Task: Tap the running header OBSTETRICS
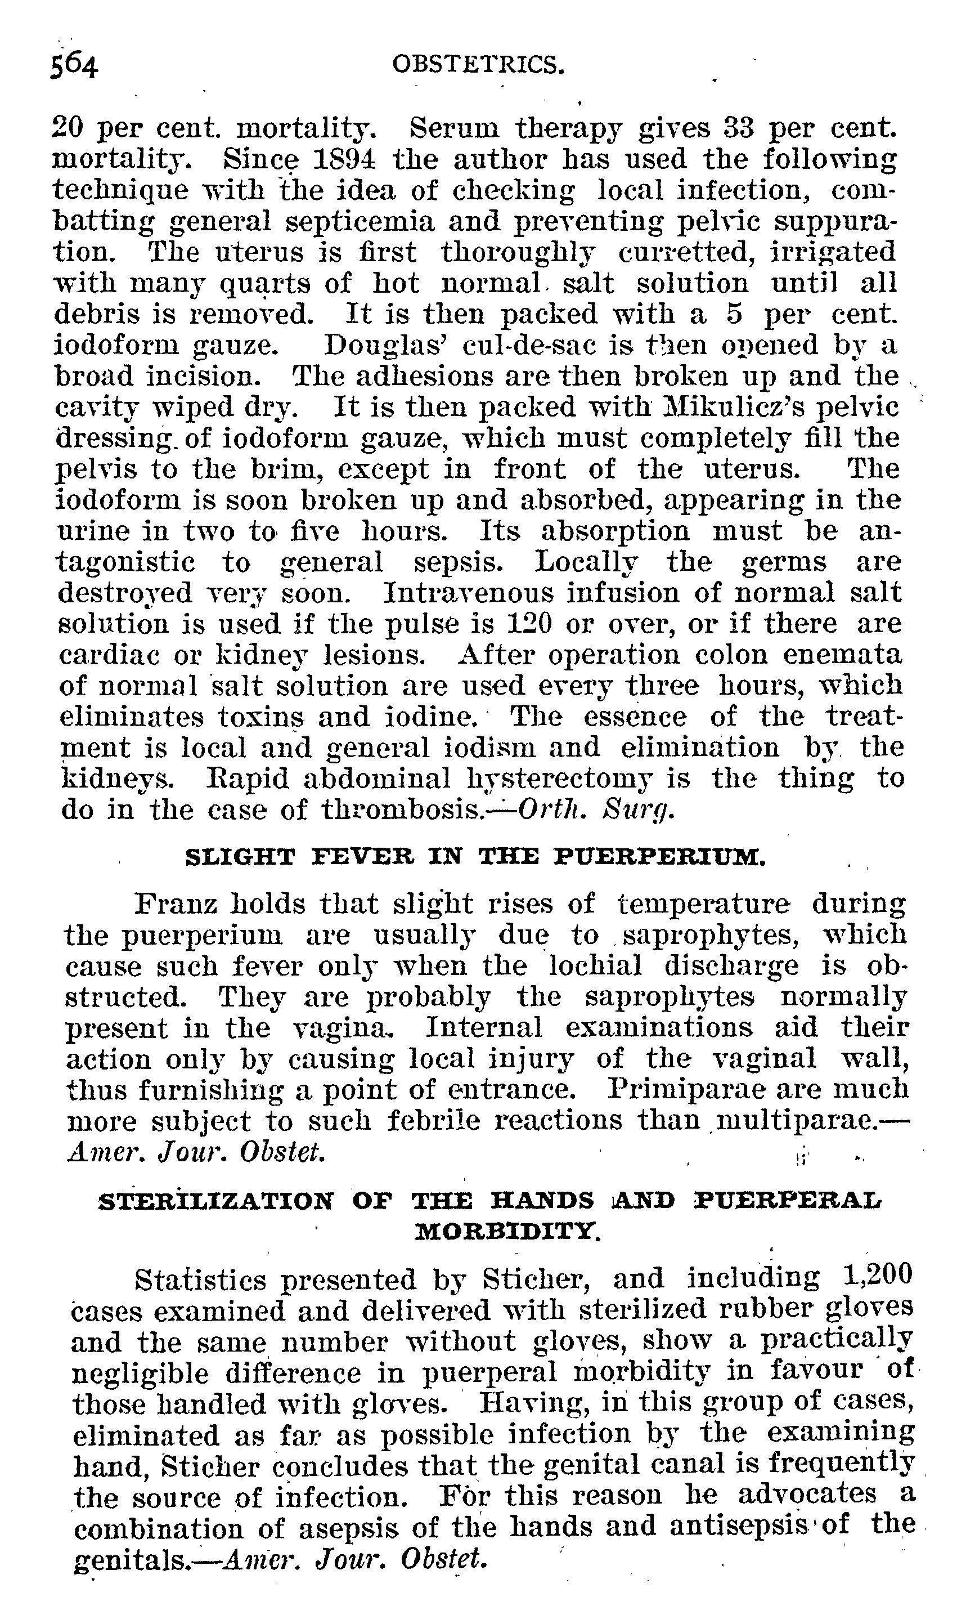[478, 64]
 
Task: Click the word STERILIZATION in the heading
[215, 1201]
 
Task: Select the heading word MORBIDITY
[508, 1233]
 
